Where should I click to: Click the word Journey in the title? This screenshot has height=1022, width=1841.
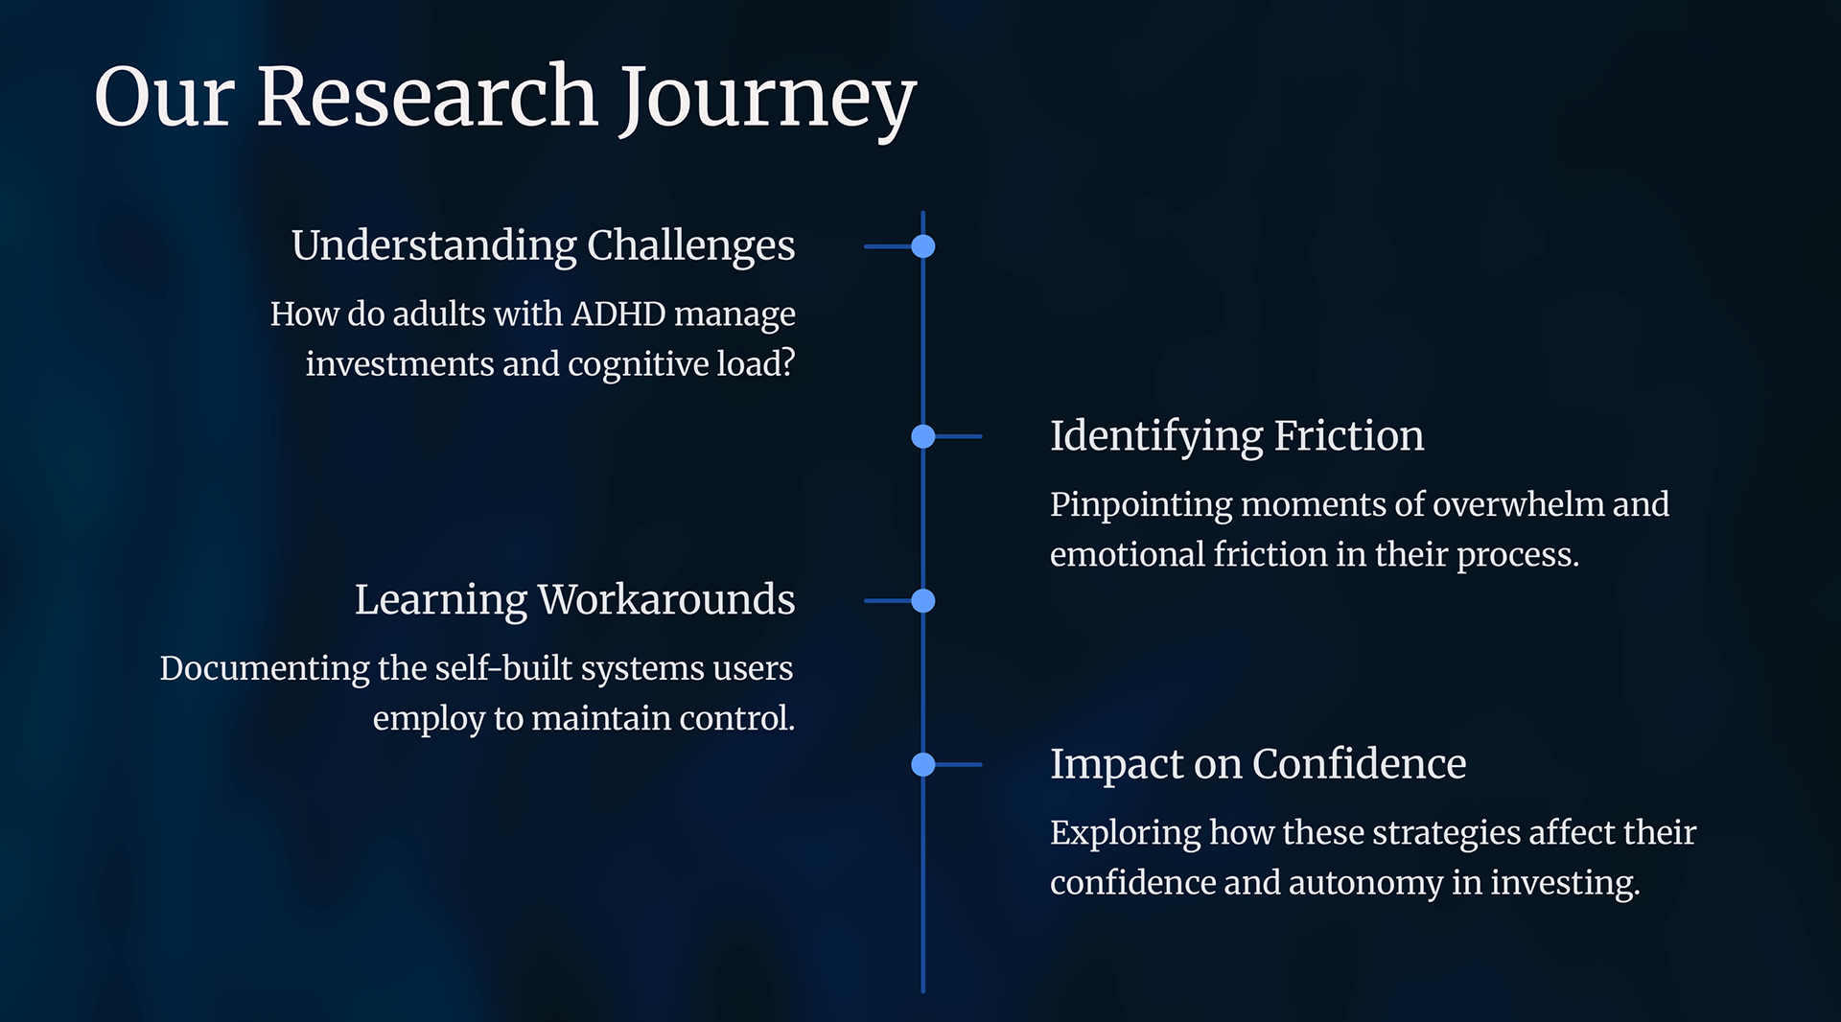tap(767, 98)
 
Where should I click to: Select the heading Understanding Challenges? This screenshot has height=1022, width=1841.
tap(543, 245)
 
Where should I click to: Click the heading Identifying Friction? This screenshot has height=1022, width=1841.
tap(1236, 436)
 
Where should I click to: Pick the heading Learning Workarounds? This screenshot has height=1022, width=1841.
tap(574, 600)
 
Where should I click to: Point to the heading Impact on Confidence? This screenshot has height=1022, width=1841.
tap(1257, 764)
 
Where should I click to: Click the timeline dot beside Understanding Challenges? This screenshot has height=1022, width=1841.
tap(923, 246)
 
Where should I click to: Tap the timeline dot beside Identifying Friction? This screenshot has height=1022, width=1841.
tap(923, 436)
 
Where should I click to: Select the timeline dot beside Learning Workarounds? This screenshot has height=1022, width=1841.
tap(923, 601)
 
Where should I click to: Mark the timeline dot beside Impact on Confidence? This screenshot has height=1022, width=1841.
tap(923, 764)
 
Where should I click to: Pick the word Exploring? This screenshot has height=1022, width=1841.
tap(1125, 833)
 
